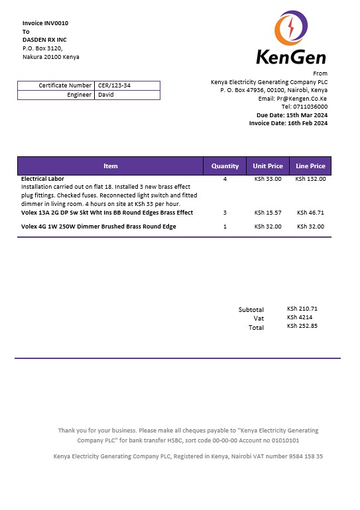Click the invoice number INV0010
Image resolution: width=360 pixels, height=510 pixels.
[56, 23]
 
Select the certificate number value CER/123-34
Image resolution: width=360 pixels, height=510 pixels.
[114, 85]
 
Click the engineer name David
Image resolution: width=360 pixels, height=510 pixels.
[105, 95]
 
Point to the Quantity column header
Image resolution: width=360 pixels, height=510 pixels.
[225, 166]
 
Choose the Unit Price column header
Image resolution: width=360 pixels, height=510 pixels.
[268, 166]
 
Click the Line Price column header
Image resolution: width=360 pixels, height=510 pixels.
[310, 166]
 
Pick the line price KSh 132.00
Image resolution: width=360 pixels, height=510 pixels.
[310, 179]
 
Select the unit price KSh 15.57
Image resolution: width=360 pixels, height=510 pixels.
[268, 213]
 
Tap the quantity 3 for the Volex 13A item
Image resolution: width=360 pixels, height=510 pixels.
[225, 213]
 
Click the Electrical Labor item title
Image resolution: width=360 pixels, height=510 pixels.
[42, 179]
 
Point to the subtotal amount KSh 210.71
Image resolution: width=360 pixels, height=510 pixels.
[302, 309]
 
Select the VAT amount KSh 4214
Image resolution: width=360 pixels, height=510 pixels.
[297, 317]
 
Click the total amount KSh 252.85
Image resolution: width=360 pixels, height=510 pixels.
[302, 326]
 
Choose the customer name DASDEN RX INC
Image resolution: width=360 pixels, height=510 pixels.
[44, 40]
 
